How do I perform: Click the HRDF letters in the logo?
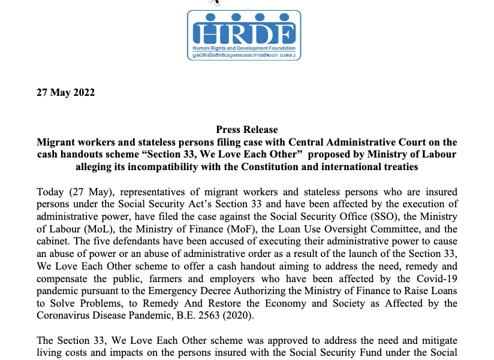click(x=243, y=32)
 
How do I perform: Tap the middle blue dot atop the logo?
click(x=243, y=17)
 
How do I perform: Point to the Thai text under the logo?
click(x=243, y=55)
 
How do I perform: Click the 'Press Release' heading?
click(x=246, y=130)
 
